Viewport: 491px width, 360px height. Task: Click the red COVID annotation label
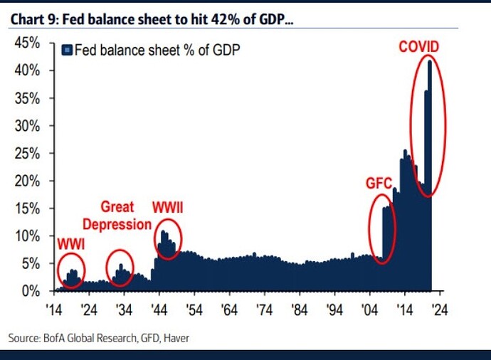click(x=419, y=47)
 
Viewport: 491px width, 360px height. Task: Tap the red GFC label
click(x=379, y=183)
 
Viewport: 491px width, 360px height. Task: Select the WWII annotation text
click(x=167, y=208)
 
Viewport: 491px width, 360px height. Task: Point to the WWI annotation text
click(x=71, y=244)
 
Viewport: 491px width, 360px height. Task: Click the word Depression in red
click(x=117, y=224)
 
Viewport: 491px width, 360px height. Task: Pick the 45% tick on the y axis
click(x=27, y=43)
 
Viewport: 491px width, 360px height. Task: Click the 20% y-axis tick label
click(x=27, y=181)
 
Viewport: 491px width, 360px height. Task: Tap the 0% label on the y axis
click(x=31, y=292)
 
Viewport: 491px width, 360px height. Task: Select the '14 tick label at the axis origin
click(x=54, y=310)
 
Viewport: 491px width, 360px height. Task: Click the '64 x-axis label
click(x=229, y=310)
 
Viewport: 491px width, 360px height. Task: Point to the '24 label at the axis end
click(x=440, y=310)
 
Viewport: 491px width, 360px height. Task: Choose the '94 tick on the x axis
click(x=334, y=310)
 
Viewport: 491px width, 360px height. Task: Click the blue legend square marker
click(x=67, y=50)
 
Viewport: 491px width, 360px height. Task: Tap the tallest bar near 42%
click(x=430, y=175)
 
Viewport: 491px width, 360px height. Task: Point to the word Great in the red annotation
click(x=117, y=207)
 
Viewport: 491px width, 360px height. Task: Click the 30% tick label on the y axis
click(x=27, y=126)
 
